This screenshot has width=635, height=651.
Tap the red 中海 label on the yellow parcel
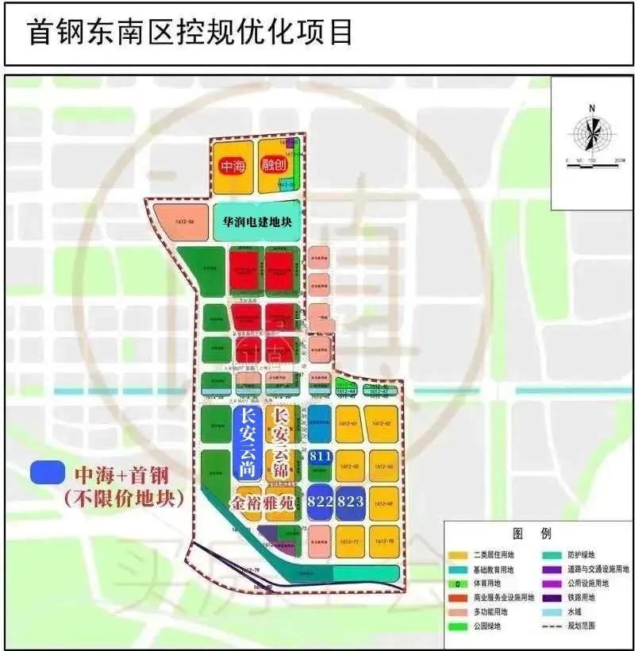233,167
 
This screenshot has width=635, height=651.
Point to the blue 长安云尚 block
245,442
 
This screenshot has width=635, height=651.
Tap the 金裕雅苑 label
265,503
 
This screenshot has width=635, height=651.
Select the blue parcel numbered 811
320,456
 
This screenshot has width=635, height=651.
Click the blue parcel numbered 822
320,502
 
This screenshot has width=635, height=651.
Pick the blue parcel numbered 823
350,502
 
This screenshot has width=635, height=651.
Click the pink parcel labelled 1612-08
172,223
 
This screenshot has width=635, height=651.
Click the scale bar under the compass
592,159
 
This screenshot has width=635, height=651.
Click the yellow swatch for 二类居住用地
458,555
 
